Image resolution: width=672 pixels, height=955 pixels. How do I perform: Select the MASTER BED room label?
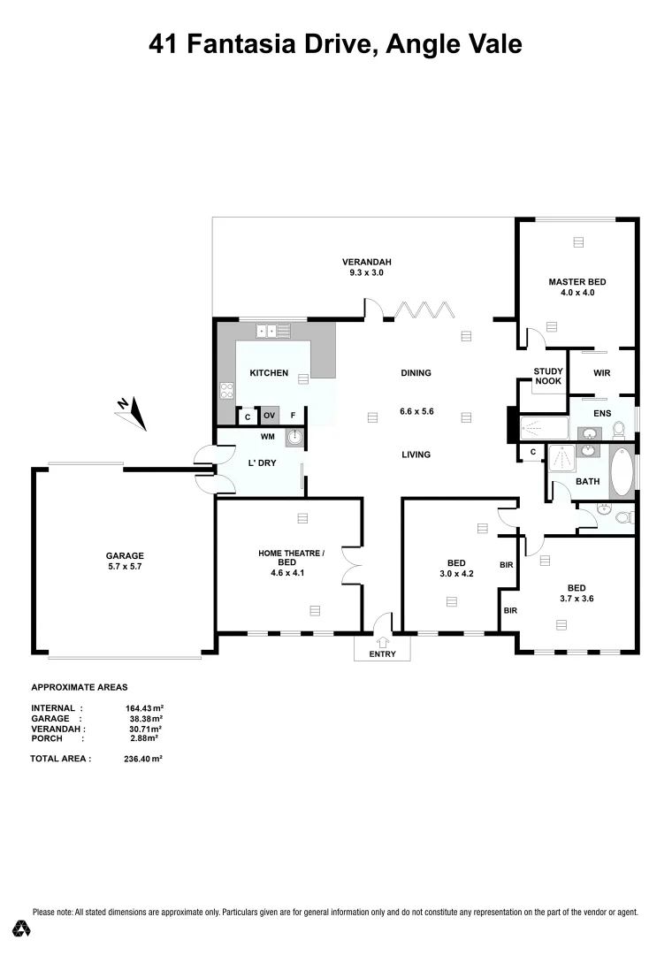[x=577, y=286]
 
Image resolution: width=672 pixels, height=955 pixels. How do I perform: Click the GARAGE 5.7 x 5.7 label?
[x=125, y=561]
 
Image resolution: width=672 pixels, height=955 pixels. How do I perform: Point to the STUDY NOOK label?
[x=547, y=376]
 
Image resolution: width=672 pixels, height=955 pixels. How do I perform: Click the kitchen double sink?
[x=272, y=332]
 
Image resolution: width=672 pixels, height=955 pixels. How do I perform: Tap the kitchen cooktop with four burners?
[x=225, y=389]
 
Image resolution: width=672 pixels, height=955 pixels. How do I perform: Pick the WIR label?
[x=601, y=374]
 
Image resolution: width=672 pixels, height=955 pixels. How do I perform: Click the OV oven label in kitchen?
[x=270, y=416]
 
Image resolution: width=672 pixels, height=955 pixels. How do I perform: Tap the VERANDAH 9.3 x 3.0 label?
[x=367, y=267]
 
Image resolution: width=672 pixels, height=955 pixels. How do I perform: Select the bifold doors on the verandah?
[x=422, y=310]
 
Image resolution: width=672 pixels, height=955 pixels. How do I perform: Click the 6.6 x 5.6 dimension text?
[x=416, y=411]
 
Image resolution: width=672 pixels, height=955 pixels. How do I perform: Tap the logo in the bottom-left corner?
[x=22, y=928]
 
